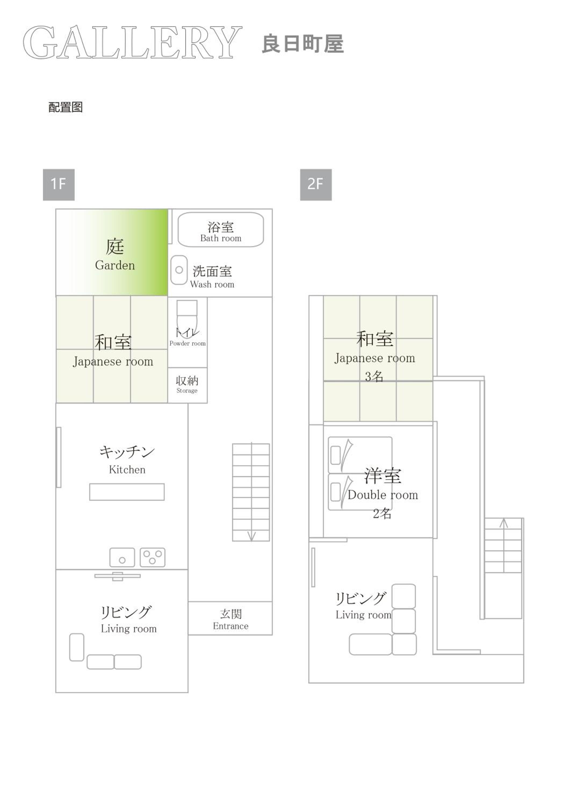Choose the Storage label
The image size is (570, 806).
coord(187,390)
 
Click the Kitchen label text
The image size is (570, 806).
coord(127,470)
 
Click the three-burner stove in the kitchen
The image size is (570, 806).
coord(152,557)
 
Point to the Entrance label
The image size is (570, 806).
coord(230,626)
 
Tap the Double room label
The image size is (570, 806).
coord(383,495)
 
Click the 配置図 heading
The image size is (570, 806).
coord(66,107)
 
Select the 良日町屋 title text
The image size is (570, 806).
coord(302,44)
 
